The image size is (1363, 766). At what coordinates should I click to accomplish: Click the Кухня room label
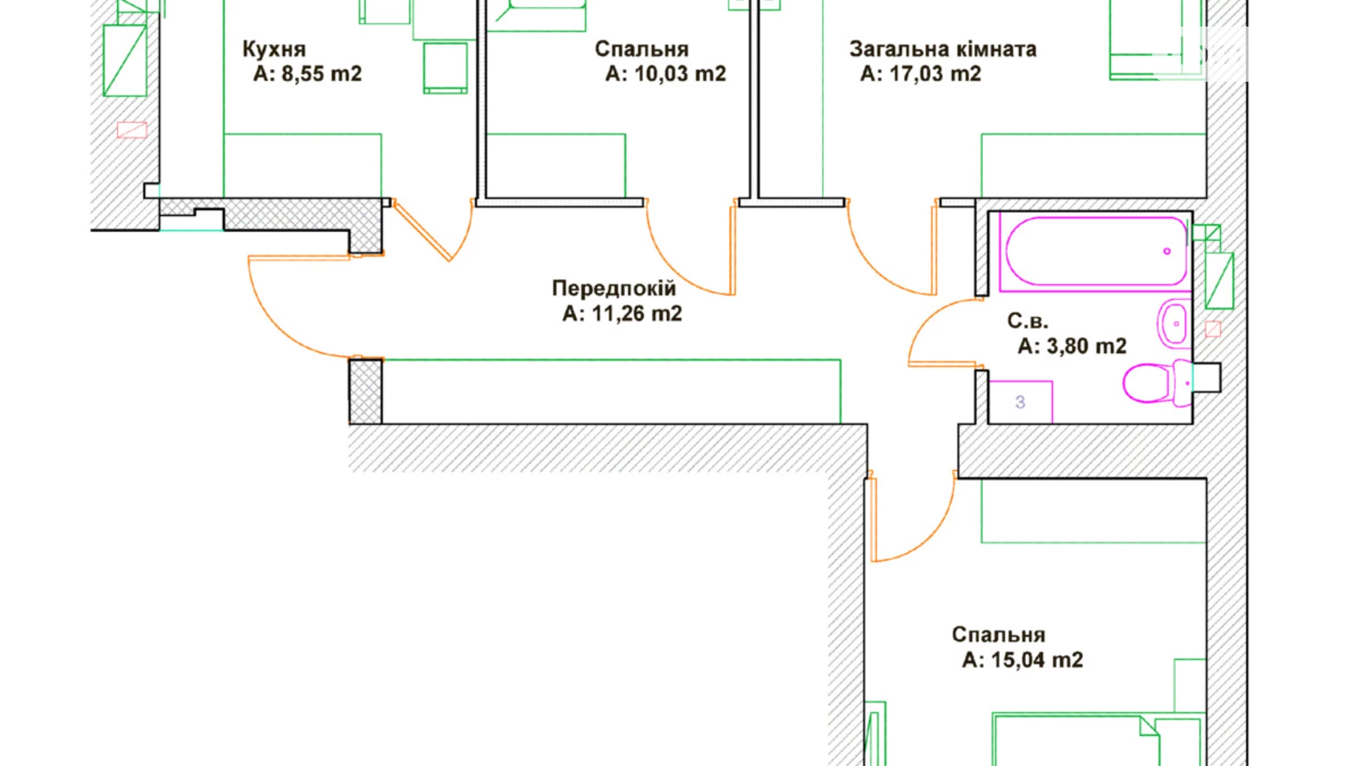click(273, 49)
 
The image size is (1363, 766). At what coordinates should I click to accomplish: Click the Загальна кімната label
click(942, 49)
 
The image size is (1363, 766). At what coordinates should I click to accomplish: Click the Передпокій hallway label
click(613, 288)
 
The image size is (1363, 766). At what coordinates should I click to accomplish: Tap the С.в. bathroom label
click(1027, 321)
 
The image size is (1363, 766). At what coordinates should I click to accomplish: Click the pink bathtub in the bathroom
click(1093, 251)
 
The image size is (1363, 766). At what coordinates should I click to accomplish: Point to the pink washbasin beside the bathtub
click(1172, 323)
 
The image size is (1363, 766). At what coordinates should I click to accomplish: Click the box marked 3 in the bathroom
click(1020, 402)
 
